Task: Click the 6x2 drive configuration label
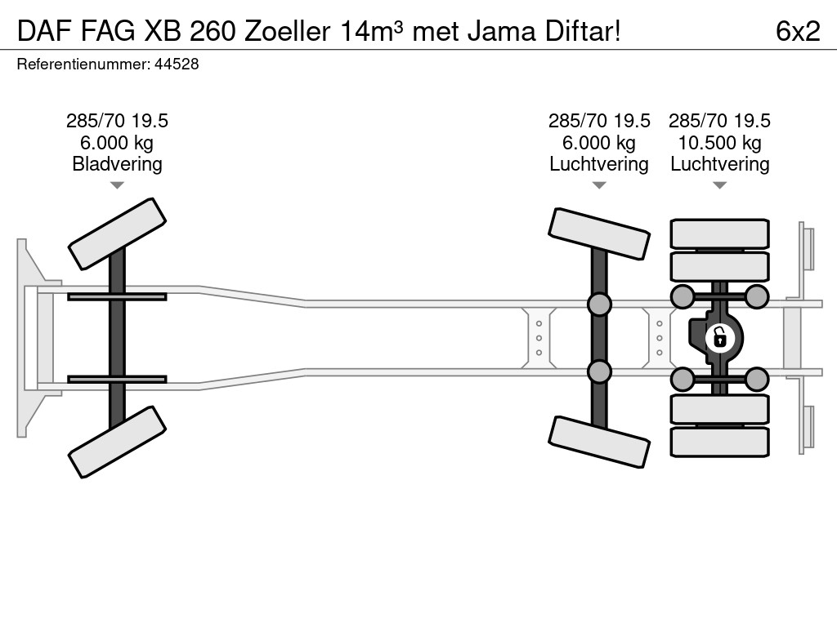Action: (x=798, y=31)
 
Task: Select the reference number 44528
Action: (x=177, y=64)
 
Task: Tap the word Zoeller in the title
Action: (x=288, y=31)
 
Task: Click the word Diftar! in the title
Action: (x=583, y=31)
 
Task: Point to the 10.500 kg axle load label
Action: (x=719, y=142)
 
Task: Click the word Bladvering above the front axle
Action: (x=117, y=163)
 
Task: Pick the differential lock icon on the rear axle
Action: (x=719, y=337)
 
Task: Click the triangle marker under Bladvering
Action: (x=117, y=185)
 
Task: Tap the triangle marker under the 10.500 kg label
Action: (x=719, y=185)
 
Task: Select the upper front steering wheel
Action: (x=117, y=233)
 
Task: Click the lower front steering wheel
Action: (x=117, y=442)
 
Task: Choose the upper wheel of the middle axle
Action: (x=599, y=234)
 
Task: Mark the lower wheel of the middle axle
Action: (x=599, y=442)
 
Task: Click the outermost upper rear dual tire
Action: (x=719, y=233)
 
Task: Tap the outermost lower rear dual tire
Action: (x=719, y=442)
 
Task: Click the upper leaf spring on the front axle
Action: (x=117, y=296)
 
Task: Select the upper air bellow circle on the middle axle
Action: (x=599, y=304)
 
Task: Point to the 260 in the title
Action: (x=213, y=31)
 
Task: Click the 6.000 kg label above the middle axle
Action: (x=599, y=142)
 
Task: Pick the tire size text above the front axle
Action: (x=117, y=121)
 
